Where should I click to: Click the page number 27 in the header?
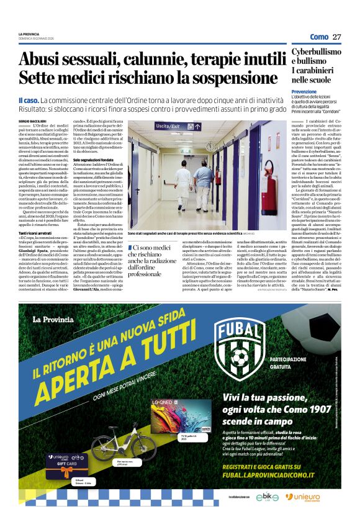coord(337,37)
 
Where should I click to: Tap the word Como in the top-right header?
coord(319,37)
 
